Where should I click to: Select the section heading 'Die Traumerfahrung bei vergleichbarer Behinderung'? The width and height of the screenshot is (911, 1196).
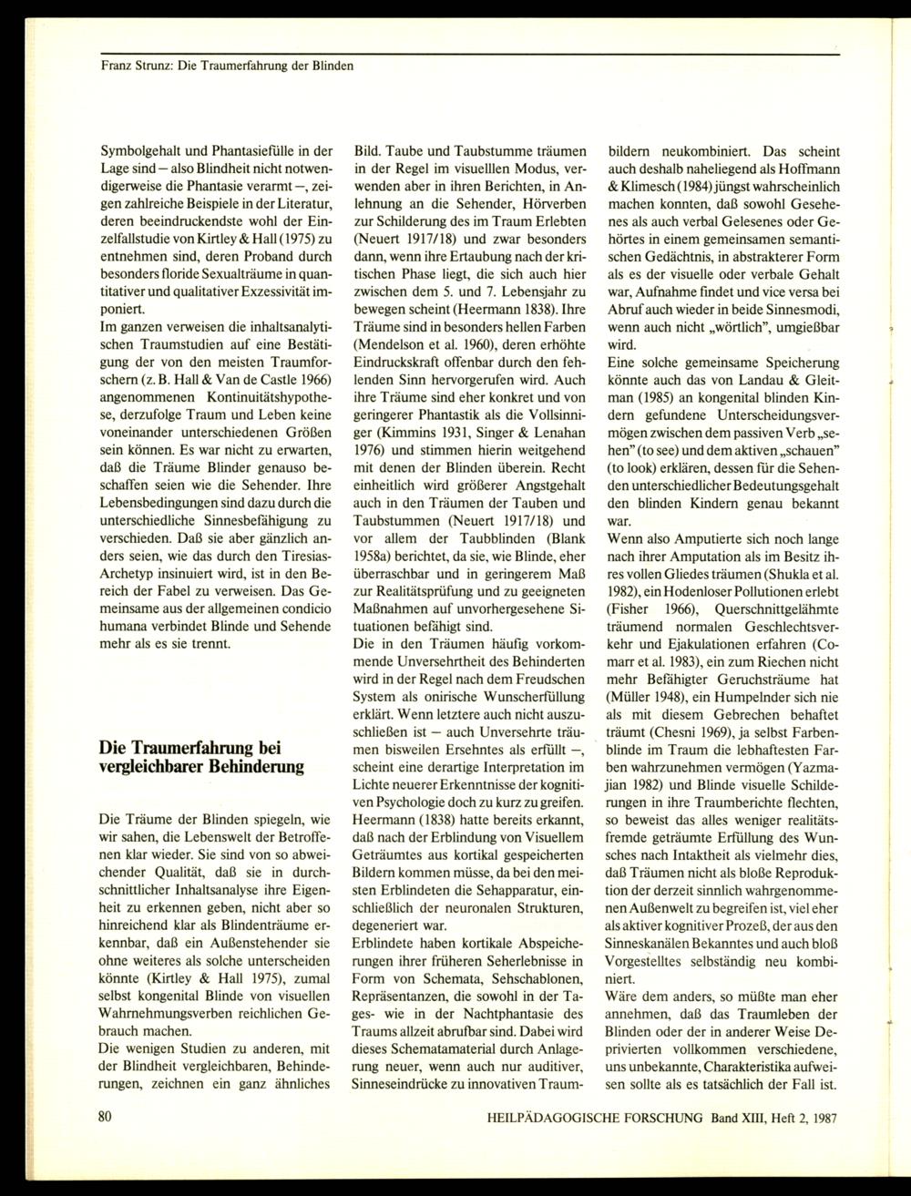[200, 756]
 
